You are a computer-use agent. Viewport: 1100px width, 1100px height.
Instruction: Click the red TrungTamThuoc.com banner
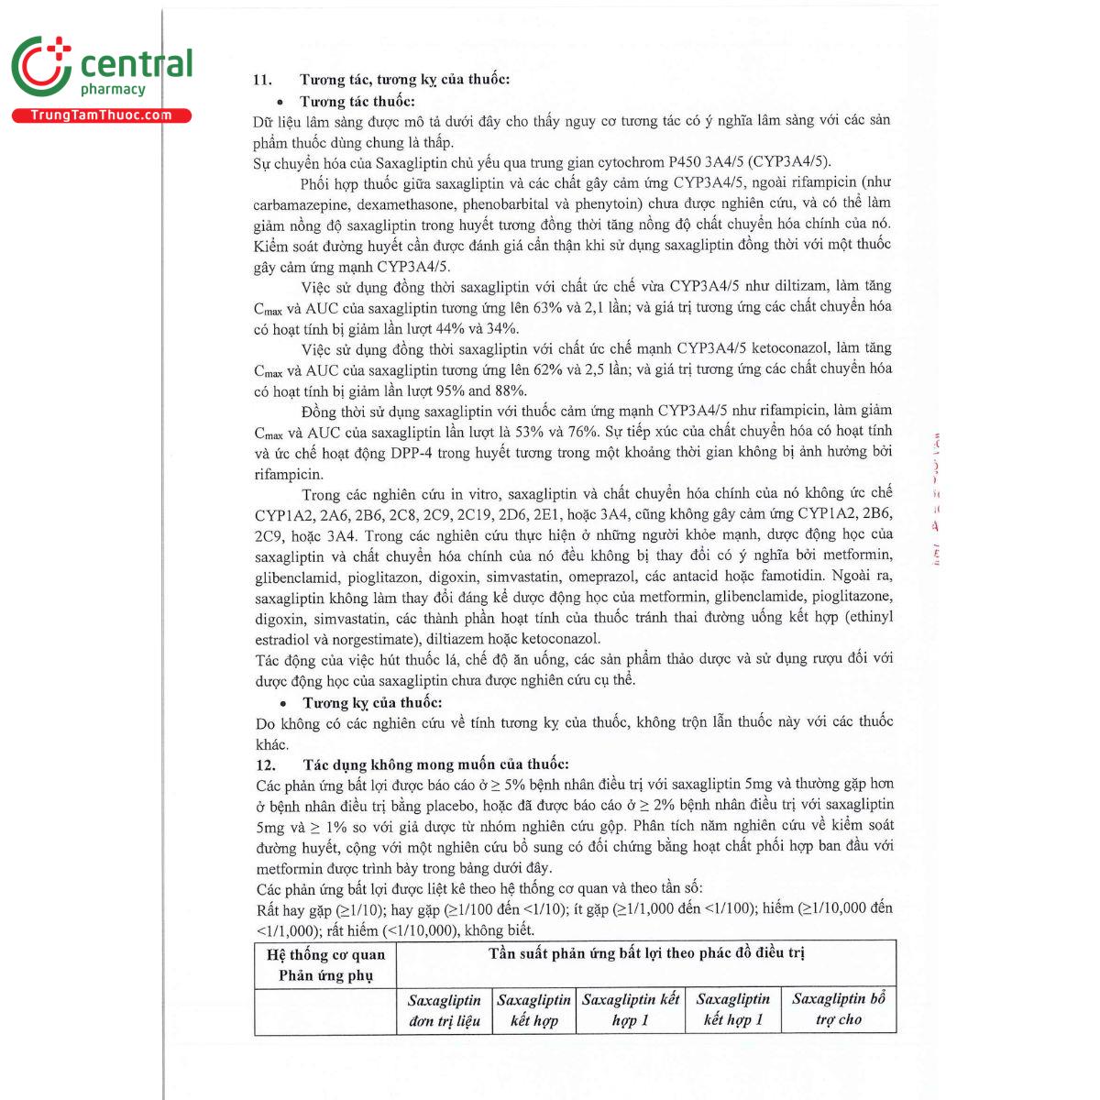tap(101, 115)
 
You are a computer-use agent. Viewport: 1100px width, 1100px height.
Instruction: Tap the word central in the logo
tap(137, 65)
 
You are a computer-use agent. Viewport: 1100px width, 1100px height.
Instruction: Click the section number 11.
tap(261, 80)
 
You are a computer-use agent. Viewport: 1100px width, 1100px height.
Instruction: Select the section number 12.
tap(265, 764)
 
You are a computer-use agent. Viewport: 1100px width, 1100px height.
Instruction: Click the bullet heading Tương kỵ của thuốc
tap(372, 703)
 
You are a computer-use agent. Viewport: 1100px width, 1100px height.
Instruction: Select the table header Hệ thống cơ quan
tap(325, 954)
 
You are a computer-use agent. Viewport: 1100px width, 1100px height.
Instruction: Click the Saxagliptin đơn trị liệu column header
tap(445, 1009)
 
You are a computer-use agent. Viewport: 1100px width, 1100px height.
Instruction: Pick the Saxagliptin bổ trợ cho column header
tap(838, 1009)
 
